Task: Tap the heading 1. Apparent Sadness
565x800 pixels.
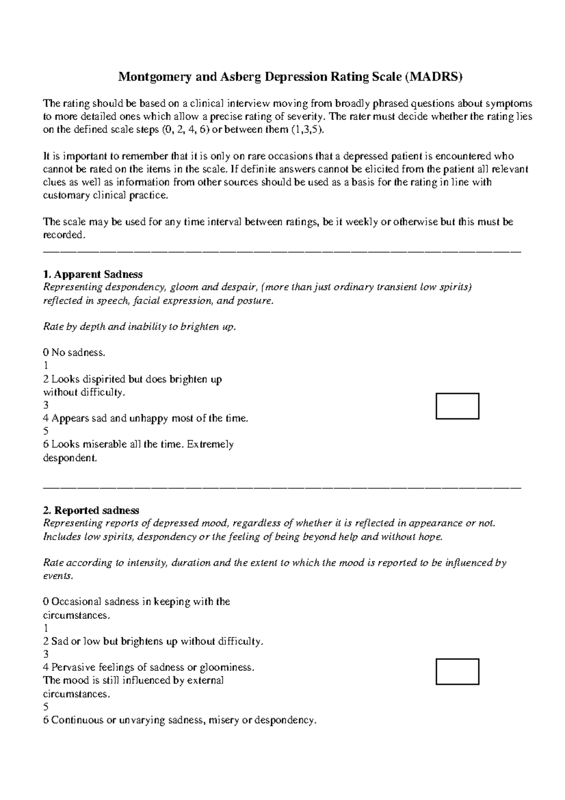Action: click(93, 274)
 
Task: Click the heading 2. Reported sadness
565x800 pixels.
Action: click(91, 510)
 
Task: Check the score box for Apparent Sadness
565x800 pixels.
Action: click(457, 406)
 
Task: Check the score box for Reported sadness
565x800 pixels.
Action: click(457, 671)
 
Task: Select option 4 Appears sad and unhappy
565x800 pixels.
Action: click(145, 418)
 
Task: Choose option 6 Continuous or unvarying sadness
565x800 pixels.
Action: click(179, 720)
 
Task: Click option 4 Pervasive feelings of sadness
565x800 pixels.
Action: click(148, 667)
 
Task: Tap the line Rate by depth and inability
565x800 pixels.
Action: click(139, 327)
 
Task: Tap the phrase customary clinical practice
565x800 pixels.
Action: click(105, 196)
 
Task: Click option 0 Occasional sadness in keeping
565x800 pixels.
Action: click(137, 602)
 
